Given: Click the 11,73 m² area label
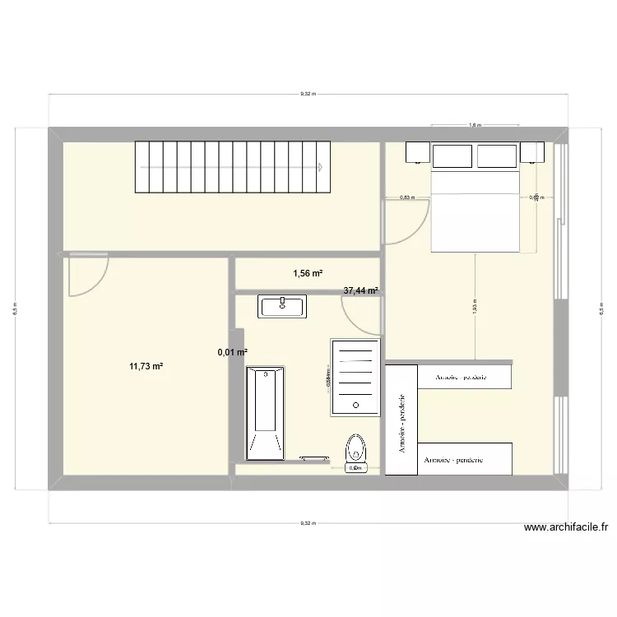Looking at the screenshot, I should [x=145, y=366].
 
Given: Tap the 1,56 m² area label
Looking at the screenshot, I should [x=308, y=274].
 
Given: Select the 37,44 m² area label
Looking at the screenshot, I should [x=360, y=290].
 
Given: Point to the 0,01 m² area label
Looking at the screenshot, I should [x=232, y=352].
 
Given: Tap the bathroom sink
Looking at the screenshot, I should [x=283, y=307].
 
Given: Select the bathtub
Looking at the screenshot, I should [x=265, y=412].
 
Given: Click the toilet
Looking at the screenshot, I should [x=355, y=451].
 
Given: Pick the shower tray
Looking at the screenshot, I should [x=355, y=374].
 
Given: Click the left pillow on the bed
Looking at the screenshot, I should [x=453, y=155].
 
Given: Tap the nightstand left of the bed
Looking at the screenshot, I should [x=416, y=154].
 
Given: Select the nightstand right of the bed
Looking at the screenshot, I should [x=532, y=153].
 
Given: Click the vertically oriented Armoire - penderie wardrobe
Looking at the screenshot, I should [x=401, y=420].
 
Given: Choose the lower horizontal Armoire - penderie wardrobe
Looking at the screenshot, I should [x=466, y=460].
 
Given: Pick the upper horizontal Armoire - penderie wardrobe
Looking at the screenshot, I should [x=466, y=377].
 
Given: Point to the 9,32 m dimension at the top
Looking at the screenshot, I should [x=307, y=95].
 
